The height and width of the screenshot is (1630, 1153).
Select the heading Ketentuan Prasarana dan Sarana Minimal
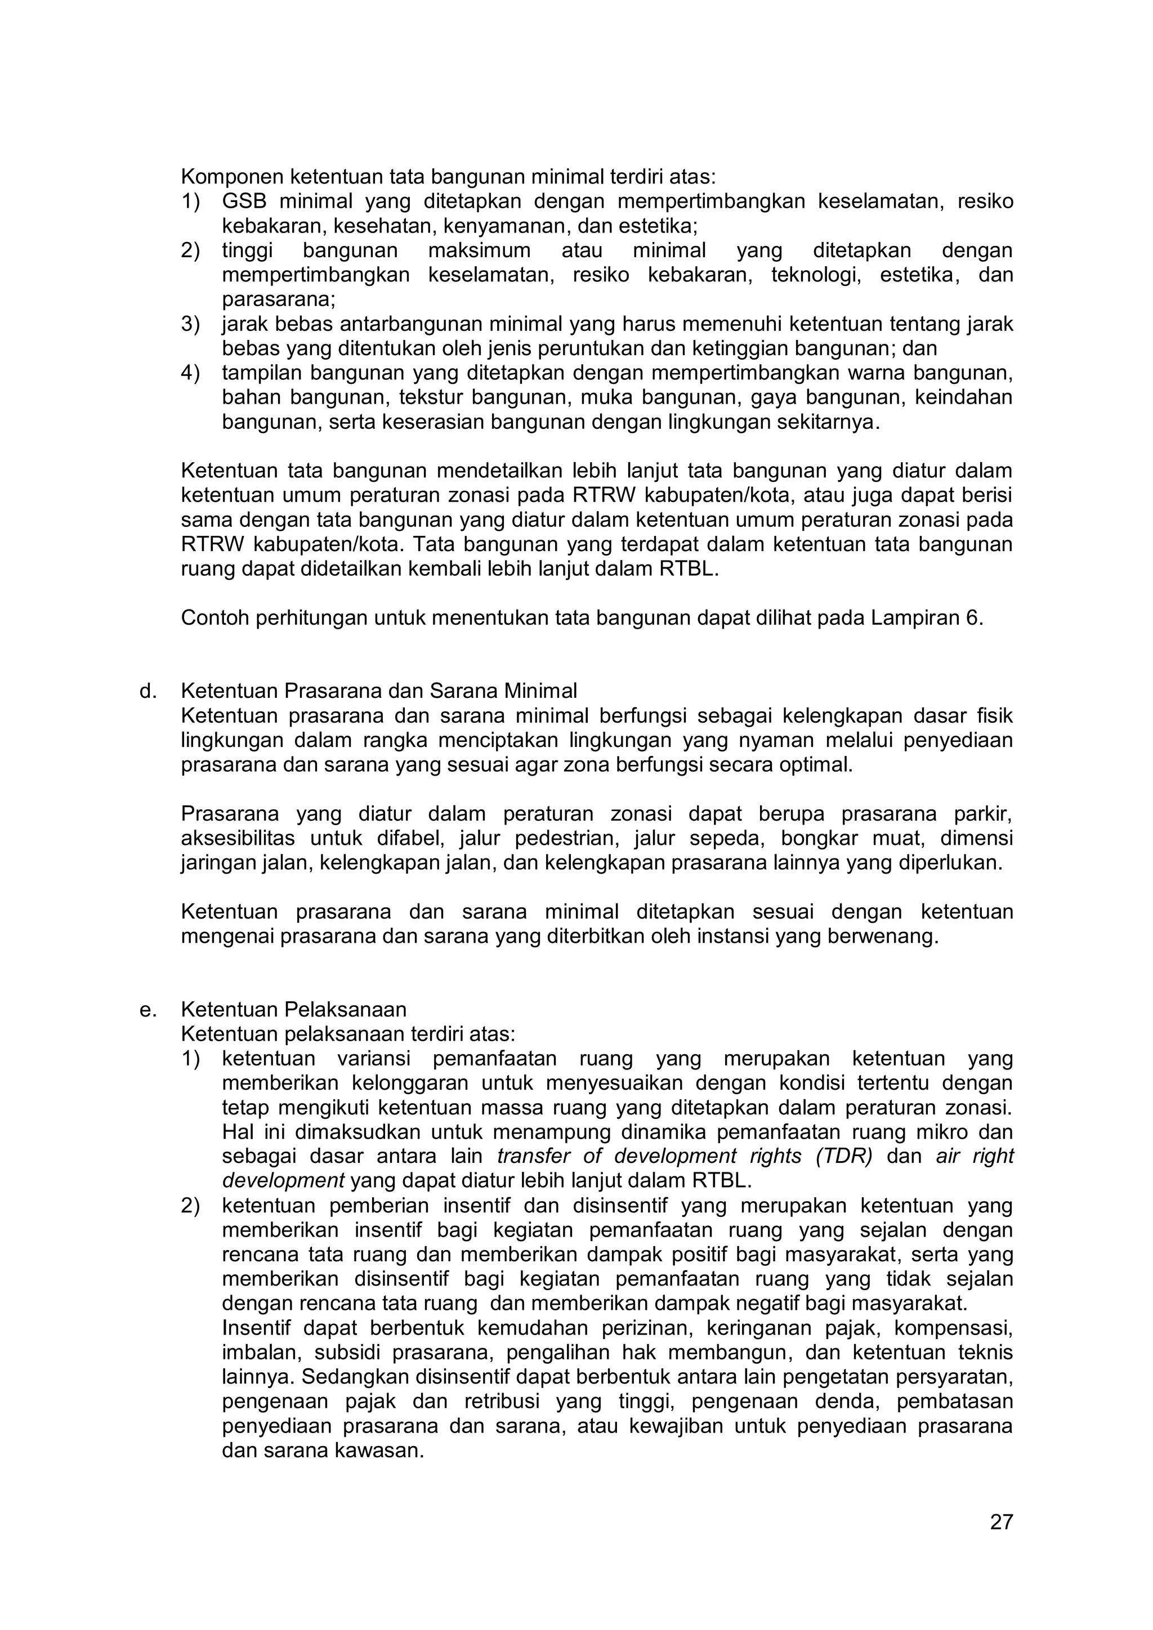(x=378, y=691)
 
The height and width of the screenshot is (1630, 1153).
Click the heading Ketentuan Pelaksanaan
(x=293, y=1010)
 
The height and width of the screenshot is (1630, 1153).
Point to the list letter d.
(x=147, y=691)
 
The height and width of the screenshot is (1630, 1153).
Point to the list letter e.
(x=147, y=1010)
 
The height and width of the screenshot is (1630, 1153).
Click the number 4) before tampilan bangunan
(x=190, y=373)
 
